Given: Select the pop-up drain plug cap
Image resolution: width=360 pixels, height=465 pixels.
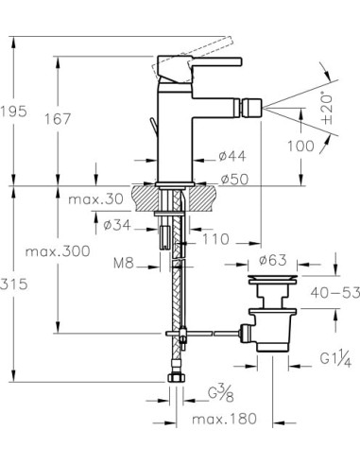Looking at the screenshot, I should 273,281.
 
